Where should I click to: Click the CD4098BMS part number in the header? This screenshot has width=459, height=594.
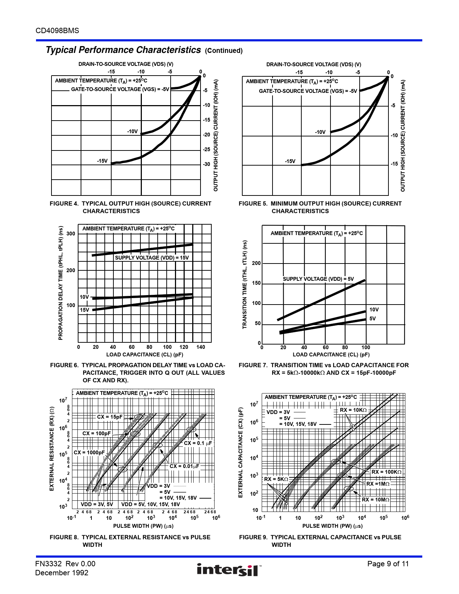click(x=57, y=31)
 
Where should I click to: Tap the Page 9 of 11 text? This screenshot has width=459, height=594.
click(x=388, y=564)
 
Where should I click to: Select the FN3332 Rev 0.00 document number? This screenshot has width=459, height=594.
click(x=65, y=564)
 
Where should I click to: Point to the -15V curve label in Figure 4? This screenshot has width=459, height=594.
click(x=102, y=161)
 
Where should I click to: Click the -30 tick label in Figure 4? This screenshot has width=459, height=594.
click(x=206, y=164)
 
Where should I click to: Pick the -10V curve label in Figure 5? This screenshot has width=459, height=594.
click(x=320, y=132)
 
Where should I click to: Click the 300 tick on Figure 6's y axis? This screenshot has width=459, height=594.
click(x=71, y=234)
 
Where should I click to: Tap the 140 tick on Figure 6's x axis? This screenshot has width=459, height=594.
click(x=201, y=347)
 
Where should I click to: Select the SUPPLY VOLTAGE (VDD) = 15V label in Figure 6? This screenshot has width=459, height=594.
click(x=152, y=258)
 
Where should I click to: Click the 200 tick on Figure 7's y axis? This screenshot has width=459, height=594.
click(x=256, y=263)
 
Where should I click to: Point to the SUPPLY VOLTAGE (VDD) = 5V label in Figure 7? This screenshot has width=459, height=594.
click(x=318, y=279)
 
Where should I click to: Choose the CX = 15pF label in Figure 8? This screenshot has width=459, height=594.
click(x=110, y=417)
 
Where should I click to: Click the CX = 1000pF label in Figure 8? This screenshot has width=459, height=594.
click(x=89, y=453)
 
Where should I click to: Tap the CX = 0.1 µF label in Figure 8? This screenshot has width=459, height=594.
click(x=198, y=443)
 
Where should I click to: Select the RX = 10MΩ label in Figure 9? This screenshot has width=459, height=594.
click(x=375, y=500)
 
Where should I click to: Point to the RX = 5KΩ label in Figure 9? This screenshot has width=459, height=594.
click(x=276, y=479)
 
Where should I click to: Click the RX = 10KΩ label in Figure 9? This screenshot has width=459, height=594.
click(x=353, y=410)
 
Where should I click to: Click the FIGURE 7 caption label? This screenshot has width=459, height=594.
click(x=253, y=365)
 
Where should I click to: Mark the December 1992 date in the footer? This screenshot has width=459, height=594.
click(x=62, y=573)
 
